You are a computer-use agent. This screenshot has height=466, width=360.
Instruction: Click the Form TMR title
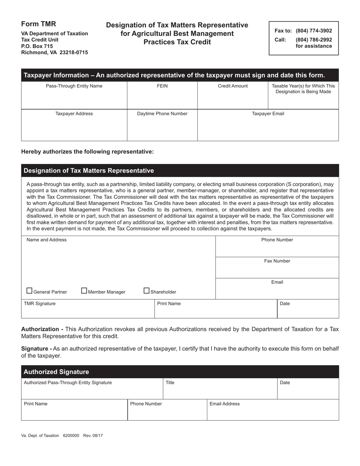click(x=39, y=24)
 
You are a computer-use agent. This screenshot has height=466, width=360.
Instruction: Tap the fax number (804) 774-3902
click(x=313, y=31)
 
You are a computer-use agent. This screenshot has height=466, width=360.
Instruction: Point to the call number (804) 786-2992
click(x=313, y=39)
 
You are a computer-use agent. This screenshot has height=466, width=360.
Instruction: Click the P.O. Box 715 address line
click(x=37, y=46)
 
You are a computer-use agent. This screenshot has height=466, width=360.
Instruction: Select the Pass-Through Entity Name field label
click(x=74, y=86)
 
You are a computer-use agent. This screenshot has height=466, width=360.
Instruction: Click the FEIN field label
click(x=162, y=86)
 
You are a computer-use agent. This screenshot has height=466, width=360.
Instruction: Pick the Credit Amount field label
click(x=233, y=86)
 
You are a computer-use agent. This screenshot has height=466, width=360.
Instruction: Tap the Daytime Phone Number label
click(x=162, y=114)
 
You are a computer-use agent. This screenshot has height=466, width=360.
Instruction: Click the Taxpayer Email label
click(x=268, y=114)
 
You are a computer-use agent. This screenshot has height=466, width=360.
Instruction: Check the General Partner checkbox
click(x=30, y=291)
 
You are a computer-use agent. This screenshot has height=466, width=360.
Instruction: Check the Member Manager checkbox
click(x=85, y=291)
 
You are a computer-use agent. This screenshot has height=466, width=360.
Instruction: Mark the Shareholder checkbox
click(x=147, y=291)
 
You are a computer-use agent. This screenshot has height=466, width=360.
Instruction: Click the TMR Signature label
click(x=40, y=303)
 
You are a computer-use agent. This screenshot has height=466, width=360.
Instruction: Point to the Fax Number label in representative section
click(x=277, y=261)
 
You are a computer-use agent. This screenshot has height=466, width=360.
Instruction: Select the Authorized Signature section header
click(x=56, y=372)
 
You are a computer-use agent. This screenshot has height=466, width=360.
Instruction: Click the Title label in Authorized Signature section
click(x=170, y=383)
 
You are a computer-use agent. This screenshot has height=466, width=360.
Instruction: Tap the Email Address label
click(x=225, y=404)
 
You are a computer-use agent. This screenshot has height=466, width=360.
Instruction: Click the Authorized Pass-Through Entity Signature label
click(x=68, y=383)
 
